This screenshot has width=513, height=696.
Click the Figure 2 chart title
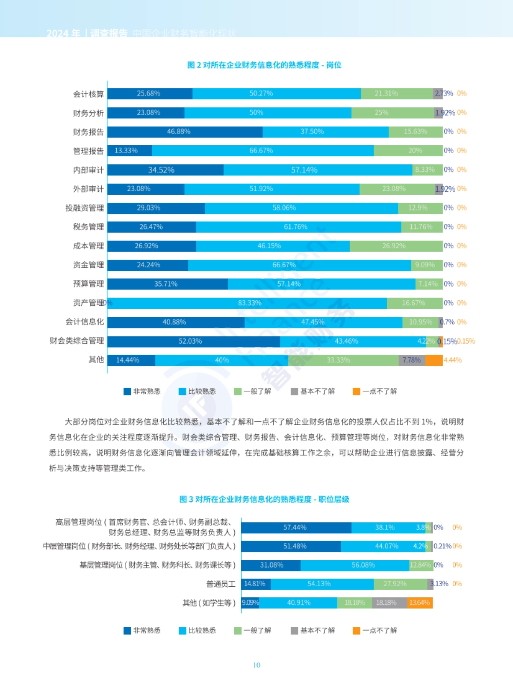click(264, 65)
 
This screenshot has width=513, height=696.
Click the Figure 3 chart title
click(264, 499)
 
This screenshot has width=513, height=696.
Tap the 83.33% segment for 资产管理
click(250, 303)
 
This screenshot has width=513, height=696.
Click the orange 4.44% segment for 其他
click(434, 360)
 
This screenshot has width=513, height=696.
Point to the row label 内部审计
click(88, 170)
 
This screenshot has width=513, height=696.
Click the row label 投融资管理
click(84, 208)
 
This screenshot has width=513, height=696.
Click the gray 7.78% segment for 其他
click(412, 360)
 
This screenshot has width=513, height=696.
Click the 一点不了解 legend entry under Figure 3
click(375, 630)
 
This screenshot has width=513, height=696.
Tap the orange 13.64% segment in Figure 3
click(419, 602)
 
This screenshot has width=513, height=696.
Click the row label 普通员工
click(221, 584)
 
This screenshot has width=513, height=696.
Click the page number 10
click(256, 665)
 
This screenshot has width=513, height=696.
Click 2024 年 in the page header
click(63, 33)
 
